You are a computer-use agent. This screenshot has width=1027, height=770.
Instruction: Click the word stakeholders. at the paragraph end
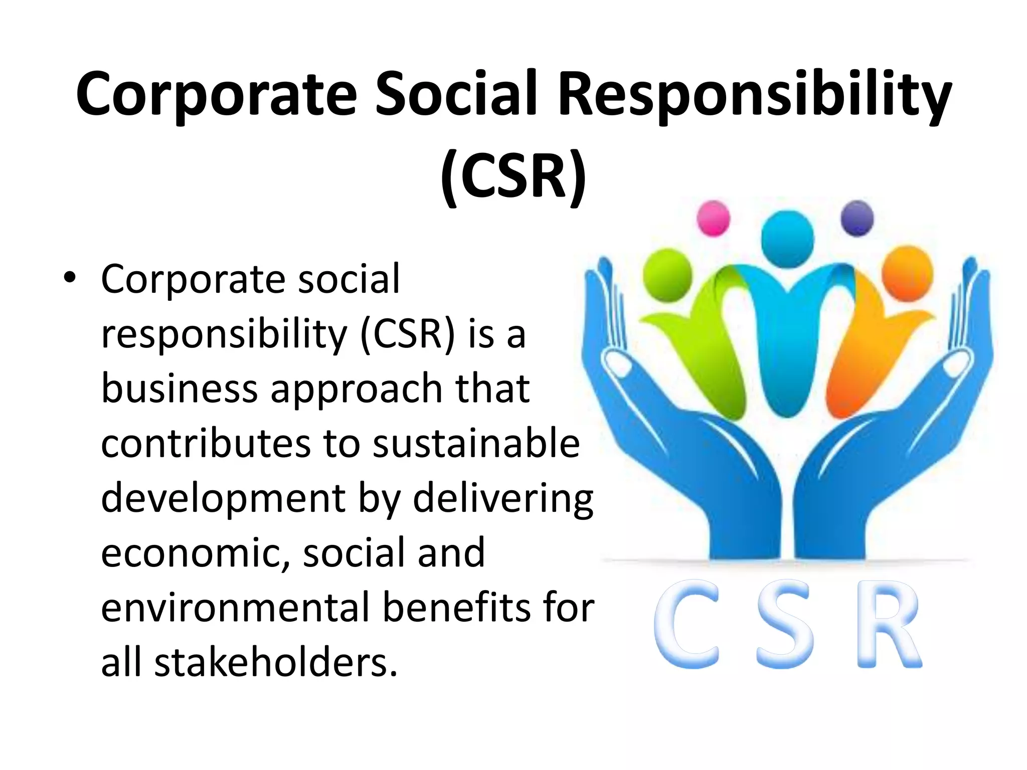pos(276,663)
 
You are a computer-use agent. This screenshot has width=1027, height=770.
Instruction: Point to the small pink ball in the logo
pos(713,218)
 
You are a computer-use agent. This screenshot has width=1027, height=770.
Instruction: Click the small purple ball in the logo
pos(857,218)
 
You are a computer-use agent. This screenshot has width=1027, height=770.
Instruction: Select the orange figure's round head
pos(907,273)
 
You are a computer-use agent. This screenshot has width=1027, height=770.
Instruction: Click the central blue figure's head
pos(787,239)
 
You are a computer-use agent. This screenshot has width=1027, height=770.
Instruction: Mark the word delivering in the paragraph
pos(503,499)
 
